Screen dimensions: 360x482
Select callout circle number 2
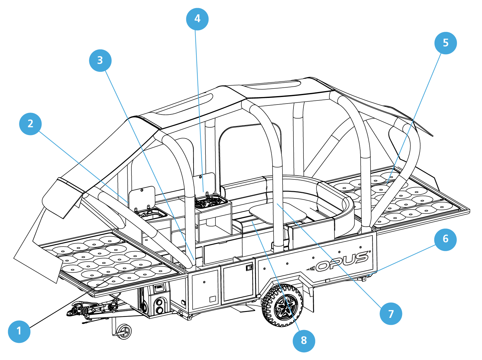click(x=30, y=124)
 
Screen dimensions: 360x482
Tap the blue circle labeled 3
click(x=100, y=61)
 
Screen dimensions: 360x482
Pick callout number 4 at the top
click(x=197, y=19)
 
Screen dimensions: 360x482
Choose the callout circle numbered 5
click(x=445, y=43)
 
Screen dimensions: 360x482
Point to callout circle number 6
click(x=445, y=239)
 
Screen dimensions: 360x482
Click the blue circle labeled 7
click(x=391, y=314)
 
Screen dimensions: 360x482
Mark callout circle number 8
click(x=304, y=341)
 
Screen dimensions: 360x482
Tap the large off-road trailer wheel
click(x=283, y=305)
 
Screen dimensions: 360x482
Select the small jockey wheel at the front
click(x=124, y=331)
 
